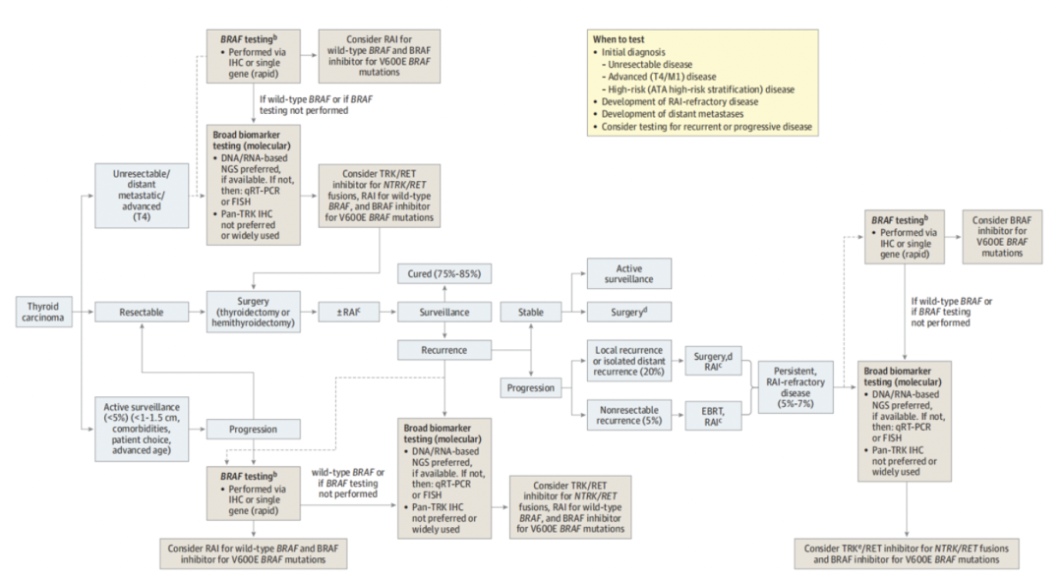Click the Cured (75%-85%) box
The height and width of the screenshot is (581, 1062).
click(x=443, y=273)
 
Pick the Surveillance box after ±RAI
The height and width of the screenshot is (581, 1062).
click(x=443, y=312)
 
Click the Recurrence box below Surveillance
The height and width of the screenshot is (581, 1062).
click(x=443, y=349)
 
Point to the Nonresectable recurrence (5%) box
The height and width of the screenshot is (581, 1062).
click(x=625, y=414)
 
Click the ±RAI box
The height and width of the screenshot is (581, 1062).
click(x=347, y=312)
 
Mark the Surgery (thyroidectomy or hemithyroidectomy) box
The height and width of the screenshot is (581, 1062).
click(x=251, y=312)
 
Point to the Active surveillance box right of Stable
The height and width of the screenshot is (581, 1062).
click(x=628, y=273)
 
